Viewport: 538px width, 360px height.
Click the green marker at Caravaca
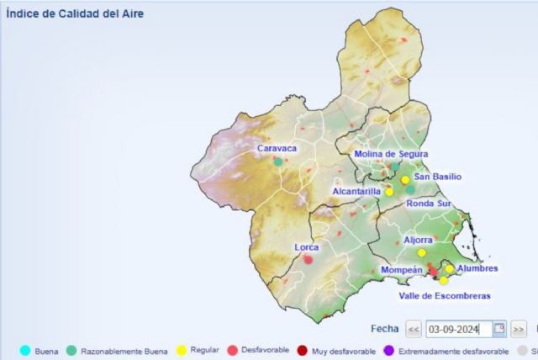click(x=277, y=161)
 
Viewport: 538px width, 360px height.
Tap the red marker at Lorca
click(x=309, y=259)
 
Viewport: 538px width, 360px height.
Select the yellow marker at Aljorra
click(x=422, y=252)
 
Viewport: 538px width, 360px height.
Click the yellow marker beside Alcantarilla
click(x=389, y=192)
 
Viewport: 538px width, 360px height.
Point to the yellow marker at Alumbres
click(x=450, y=269)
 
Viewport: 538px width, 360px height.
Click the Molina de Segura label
click(x=391, y=154)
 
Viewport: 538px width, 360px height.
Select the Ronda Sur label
click(x=429, y=204)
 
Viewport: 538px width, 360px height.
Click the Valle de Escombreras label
click(x=444, y=295)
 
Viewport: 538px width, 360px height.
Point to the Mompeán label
click(x=401, y=269)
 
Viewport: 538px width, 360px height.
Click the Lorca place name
click(x=307, y=247)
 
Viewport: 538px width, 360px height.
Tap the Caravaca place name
click(x=277, y=148)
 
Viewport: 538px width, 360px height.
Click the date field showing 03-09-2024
click(x=458, y=329)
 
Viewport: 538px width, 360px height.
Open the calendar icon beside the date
click(x=499, y=329)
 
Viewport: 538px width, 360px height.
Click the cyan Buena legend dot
click(x=25, y=351)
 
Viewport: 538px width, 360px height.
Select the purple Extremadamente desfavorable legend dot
click(x=388, y=351)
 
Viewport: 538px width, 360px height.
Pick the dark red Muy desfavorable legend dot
click(x=301, y=351)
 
